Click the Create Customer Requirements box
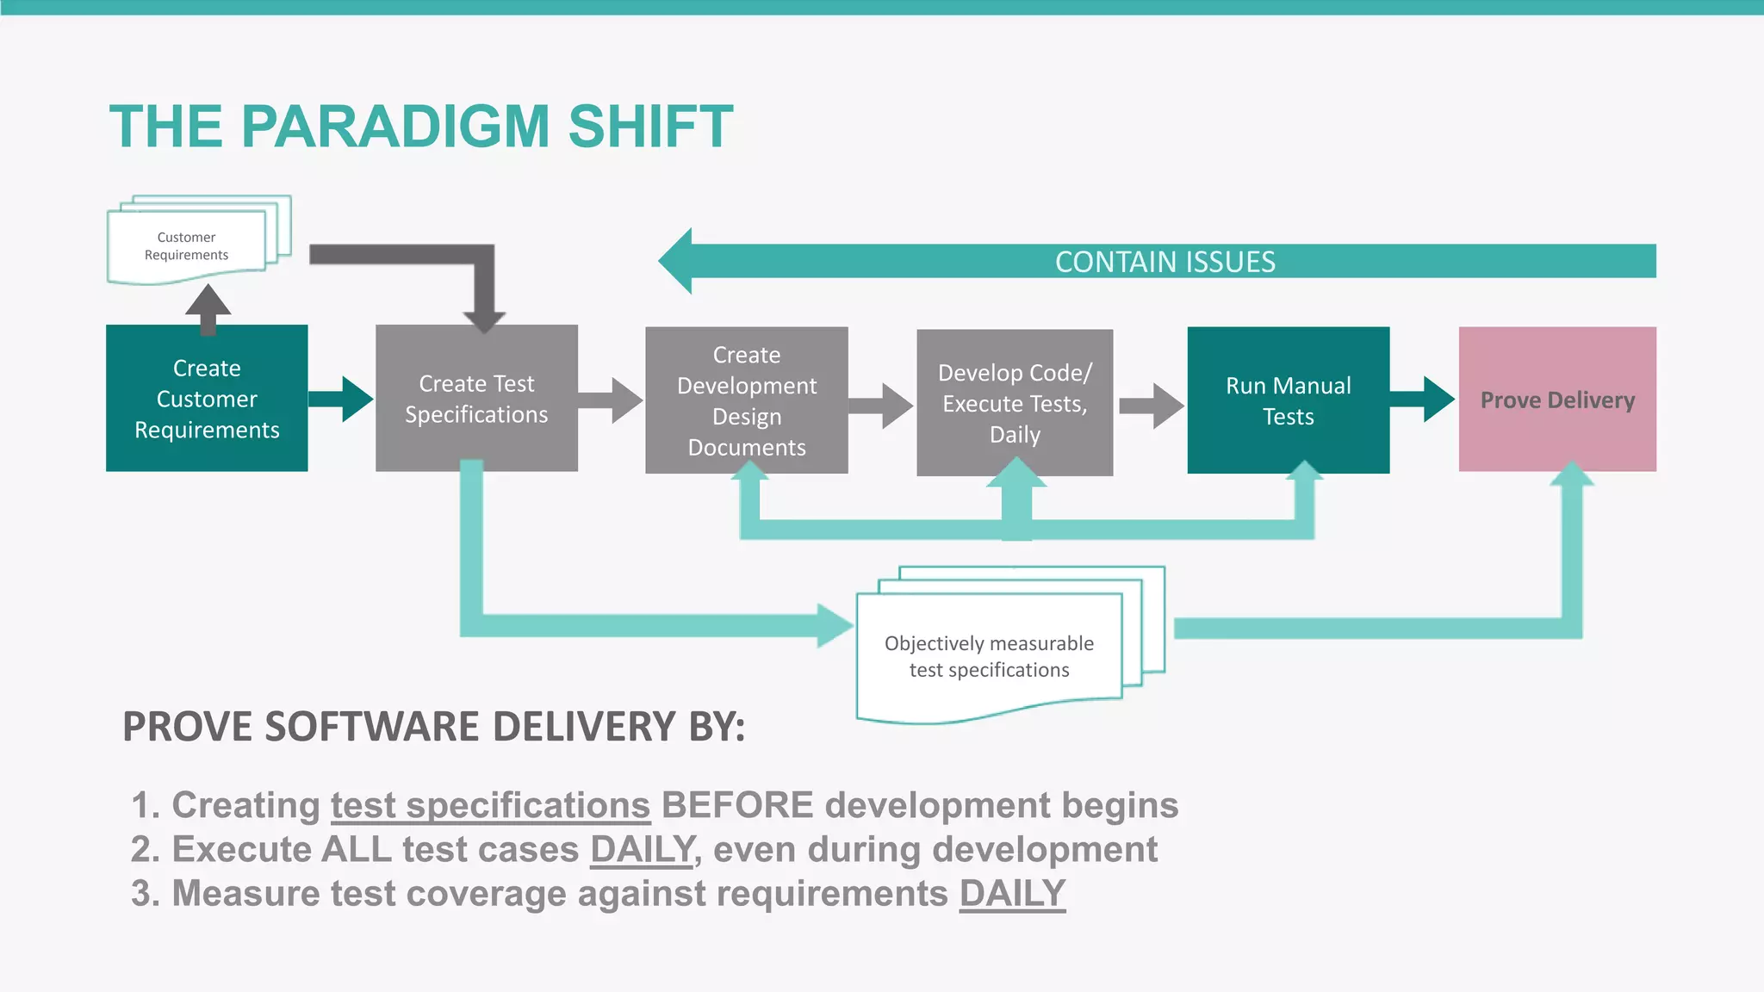(x=207, y=398)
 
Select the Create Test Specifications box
(x=476, y=398)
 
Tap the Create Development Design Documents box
(x=746, y=400)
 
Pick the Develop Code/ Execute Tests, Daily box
(x=1015, y=402)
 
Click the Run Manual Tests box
(x=1288, y=400)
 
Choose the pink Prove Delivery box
(x=1556, y=400)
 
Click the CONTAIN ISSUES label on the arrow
(x=1165, y=262)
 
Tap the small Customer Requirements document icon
(x=187, y=245)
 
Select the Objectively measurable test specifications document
(x=989, y=656)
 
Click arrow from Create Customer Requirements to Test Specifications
(x=341, y=399)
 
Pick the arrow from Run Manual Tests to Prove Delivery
(x=1422, y=399)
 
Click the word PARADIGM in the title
(x=394, y=127)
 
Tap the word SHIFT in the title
(x=650, y=127)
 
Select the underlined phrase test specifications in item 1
(x=490, y=805)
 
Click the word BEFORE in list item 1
(x=737, y=805)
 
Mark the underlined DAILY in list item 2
(x=643, y=849)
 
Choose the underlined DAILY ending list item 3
(x=1012, y=893)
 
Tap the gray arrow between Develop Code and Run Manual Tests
(x=1151, y=406)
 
